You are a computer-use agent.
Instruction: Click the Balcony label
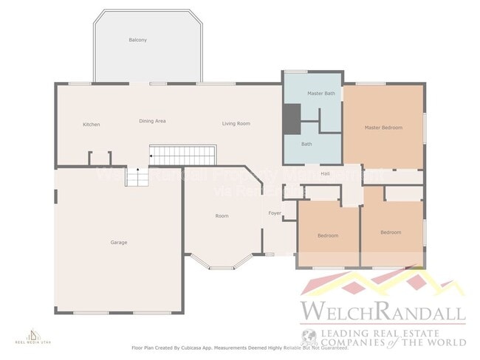point(137,40)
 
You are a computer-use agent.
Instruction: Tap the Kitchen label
point(91,125)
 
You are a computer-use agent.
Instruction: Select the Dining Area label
point(151,121)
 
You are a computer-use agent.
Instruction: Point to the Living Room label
point(236,123)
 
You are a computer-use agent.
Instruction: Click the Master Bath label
point(321,94)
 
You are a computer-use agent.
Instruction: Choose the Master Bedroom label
point(383,128)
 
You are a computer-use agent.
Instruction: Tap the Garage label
point(118,242)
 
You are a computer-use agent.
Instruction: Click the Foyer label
point(275,213)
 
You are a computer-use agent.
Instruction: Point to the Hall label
point(325,173)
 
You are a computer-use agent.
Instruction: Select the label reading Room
point(222,216)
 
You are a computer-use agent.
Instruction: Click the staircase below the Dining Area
point(182,156)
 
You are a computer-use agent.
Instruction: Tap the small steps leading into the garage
point(137,177)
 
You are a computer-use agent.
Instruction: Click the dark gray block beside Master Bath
point(292,118)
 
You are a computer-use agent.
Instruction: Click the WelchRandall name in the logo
point(382,311)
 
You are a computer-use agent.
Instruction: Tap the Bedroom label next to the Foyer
point(328,235)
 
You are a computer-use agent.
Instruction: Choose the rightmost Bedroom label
point(391,232)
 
